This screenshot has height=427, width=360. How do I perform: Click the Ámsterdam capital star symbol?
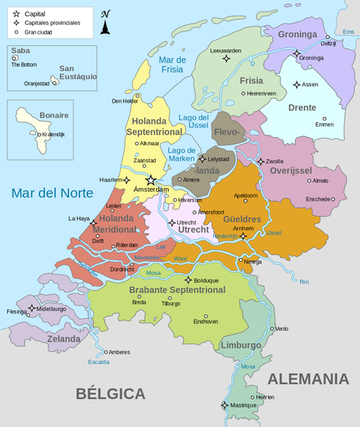click(151, 180)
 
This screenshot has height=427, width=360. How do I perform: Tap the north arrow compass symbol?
click(105, 24)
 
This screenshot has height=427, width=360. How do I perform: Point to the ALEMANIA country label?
click(307, 379)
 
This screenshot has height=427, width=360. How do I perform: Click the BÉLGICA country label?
click(111, 393)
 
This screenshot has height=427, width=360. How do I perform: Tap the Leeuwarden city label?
click(226, 50)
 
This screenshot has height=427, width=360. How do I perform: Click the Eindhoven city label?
click(205, 321)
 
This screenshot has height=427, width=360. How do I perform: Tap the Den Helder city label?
click(125, 100)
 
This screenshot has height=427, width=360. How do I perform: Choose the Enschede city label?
click(318, 198)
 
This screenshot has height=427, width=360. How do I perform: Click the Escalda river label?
click(98, 363)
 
